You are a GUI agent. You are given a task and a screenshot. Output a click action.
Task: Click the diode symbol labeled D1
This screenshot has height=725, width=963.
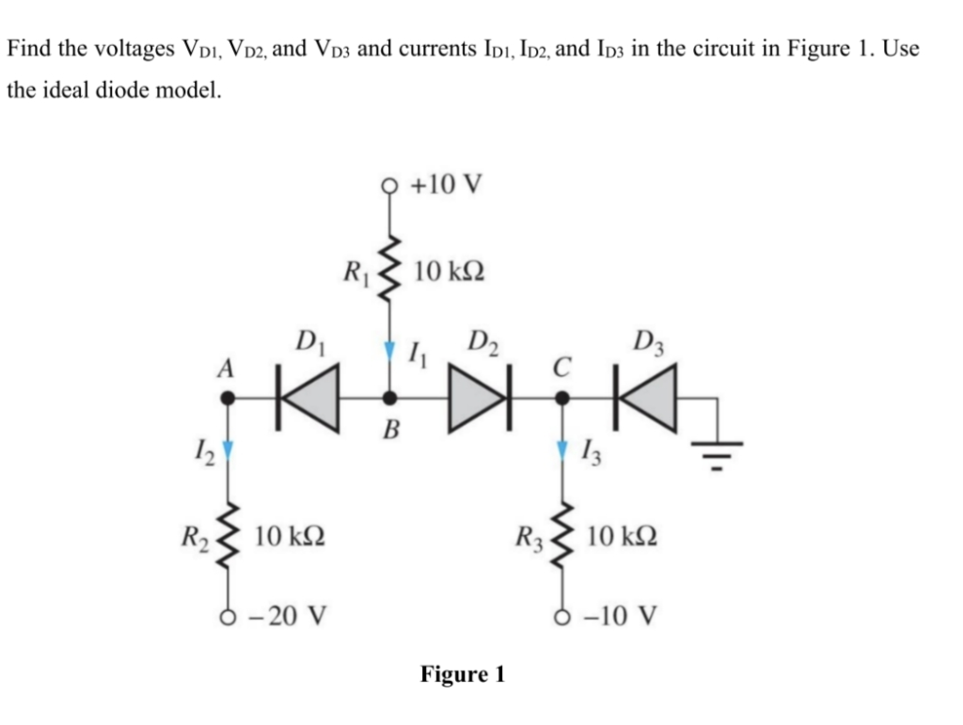(x=308, y=399)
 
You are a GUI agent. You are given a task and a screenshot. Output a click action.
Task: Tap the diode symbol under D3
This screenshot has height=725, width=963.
(x=646, y=399)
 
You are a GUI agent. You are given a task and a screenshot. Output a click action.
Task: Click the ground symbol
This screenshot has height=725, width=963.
(x=718, y=455)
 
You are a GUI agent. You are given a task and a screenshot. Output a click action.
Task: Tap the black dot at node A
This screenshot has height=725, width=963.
(x=228, y=399)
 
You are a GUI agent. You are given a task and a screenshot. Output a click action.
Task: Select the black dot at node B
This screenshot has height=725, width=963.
(x=389, y=399)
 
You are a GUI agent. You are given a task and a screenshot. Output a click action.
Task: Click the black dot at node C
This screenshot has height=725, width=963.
(x=562, y=399)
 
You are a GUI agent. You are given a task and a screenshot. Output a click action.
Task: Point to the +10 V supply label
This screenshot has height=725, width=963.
(x=447, y=183)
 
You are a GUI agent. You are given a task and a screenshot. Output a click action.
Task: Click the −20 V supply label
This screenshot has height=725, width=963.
(x=287, y=614)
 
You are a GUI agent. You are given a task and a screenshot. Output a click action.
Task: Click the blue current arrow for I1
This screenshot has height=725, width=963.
(x=388, y=350)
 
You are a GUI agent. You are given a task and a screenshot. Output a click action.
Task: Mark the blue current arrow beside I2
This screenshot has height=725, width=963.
(x=228, y=449)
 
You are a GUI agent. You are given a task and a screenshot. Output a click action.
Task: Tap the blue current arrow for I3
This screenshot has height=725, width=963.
(x=562, y=449)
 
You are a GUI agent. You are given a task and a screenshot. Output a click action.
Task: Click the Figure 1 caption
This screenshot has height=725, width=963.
(x=463, y=674)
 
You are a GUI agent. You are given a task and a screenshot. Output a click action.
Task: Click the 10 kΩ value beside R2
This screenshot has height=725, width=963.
(x=290, y=536)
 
